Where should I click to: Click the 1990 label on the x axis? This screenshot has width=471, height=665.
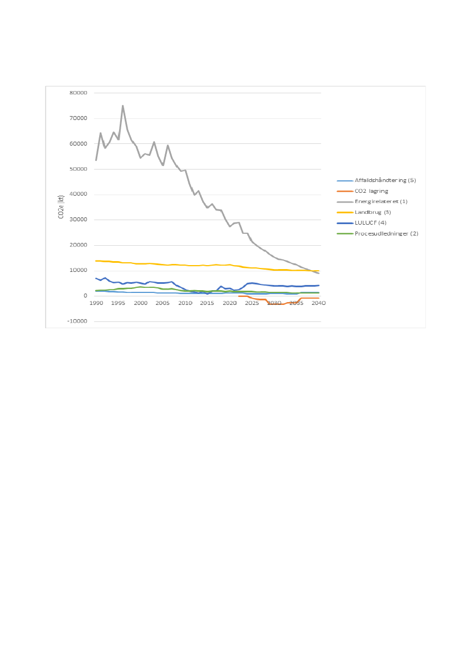coord(96,303)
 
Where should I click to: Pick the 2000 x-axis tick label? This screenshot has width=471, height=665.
coord(140,303)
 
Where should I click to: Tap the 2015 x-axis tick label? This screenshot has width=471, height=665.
coord(207,303)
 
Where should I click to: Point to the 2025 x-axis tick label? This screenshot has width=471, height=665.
coord(251,303)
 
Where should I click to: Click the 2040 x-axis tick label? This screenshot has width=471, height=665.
coord(318,303)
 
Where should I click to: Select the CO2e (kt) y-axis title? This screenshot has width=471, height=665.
coord(60,207)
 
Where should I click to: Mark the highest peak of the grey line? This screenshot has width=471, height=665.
coord(122,105)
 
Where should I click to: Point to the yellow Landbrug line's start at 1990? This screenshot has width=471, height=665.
coord(96,261)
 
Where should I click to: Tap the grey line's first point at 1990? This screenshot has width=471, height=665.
coord(96,160)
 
